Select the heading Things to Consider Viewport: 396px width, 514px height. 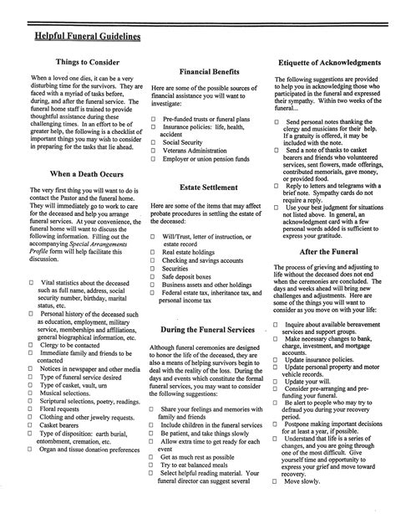(x=87, y=63)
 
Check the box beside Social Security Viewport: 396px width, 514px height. (x=154, y=143)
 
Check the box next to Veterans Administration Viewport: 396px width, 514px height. (x=154, y=152)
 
